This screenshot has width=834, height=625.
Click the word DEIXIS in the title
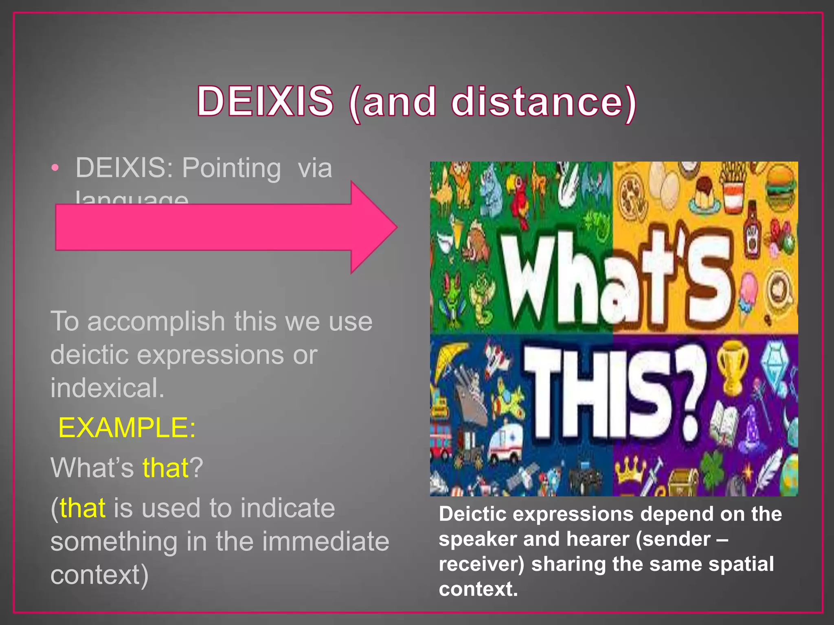265,101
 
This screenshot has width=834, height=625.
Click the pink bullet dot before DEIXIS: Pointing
55,168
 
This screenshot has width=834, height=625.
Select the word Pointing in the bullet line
231,168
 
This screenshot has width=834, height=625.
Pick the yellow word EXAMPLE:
127,428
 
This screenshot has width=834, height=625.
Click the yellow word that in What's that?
165,468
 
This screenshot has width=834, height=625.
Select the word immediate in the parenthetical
325,542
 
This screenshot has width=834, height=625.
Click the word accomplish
156,321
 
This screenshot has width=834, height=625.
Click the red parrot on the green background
520,195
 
